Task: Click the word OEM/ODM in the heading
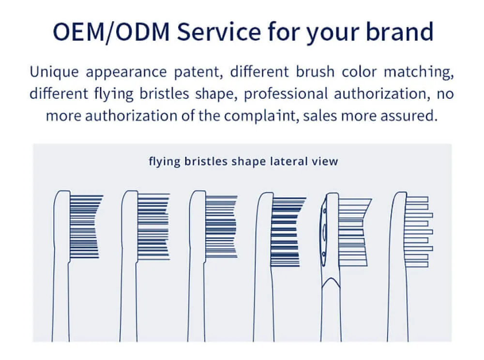pyautogui.click(x=111, y=32)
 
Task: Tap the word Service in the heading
pyautogui.click(x=219, y=32)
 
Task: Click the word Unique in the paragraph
pyautogui.click(x=54, y=72)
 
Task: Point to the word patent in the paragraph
pyautogui.click(x=198, y=72)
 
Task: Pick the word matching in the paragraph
pyautogui.click(x=419, y=72)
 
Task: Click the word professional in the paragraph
pyautogui.click(x=286, y=94)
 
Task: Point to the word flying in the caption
pyautogui.click(x=164, y=162)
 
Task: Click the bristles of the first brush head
pyautogui.click(x=85, y=226)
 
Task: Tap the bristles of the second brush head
pyautogui.click(x=153, y=226)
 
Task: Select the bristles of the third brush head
pyautogui.click(x=221, y=226)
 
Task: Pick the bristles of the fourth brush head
pyautogui.click(x=287, y=232)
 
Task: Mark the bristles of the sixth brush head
pyautogui.click(x=419, y=232)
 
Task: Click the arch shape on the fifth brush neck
pyautogui.click(x=331, y=282)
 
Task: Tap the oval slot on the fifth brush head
pyautogui.click(x=324, y=232)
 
